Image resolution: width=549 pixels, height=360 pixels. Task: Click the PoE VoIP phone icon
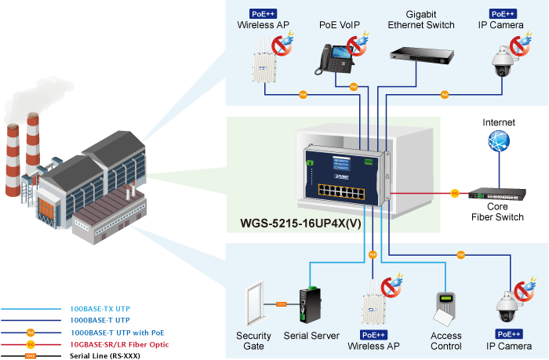pos(333,58)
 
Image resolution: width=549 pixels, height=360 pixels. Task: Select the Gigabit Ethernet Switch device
pos(420,54)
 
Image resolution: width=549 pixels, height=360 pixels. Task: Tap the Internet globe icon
pos(498,143)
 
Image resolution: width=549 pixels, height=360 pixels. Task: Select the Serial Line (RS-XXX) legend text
pos(103,356)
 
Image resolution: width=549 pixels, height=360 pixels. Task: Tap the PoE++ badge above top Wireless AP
pos(263,14)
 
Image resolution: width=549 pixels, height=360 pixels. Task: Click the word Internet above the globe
pos(499,122)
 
